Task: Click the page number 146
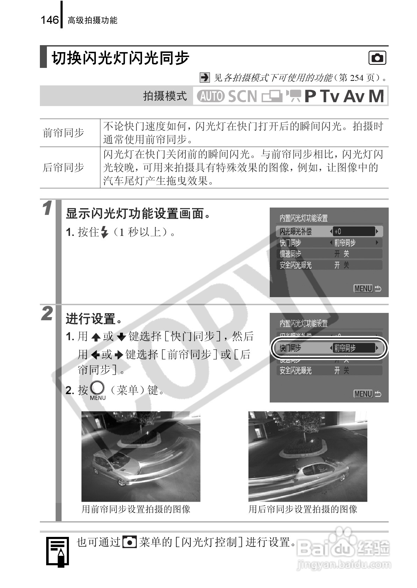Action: click(49, 20)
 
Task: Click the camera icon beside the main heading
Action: click(377, 58)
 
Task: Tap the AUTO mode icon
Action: click(210, 96)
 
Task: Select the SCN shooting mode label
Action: click(242, 96)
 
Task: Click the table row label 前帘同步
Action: click(63, 133)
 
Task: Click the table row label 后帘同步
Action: click(63, 168)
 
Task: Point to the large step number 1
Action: click(47, 209)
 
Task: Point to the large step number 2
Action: click(47, 314)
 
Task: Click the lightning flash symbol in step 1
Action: click(104, 232)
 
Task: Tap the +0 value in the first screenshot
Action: click(338, 231)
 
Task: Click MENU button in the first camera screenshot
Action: click(363, 289)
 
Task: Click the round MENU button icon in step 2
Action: click(97, 389)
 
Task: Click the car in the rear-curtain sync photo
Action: click(318, 471)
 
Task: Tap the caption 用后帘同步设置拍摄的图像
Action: click(303, 509)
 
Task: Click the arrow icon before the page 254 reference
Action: click(205, 77)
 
